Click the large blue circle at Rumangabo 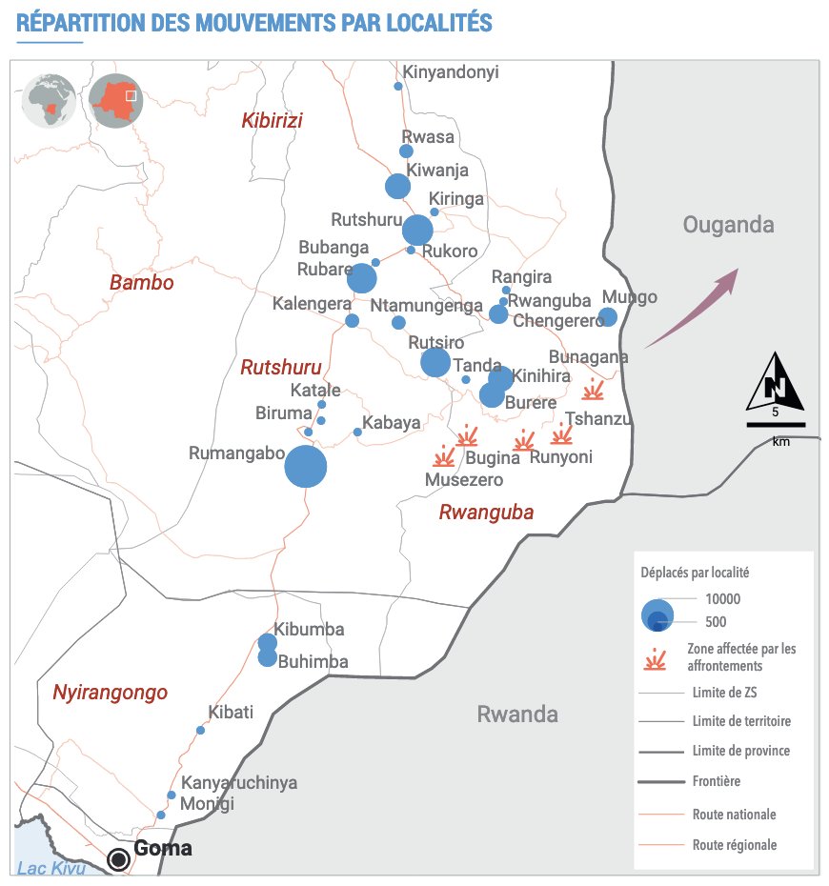pos(306,467)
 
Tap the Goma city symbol pos(119,859)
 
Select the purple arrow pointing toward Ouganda pos(691,308)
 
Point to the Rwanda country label pos(517,715)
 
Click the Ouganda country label pos(728,225)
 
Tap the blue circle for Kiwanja pos(397,187)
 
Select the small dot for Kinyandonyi pos(398,87)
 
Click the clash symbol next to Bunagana pos(595,390)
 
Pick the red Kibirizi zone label pos(272,120)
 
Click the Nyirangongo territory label pos(110,693)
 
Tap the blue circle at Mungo pos(607,317)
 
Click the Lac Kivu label pos(51,868)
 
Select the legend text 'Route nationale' pos(734,815)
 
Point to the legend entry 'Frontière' pos(718,781)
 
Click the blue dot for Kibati pos(200,730)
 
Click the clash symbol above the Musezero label pos(444,456)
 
